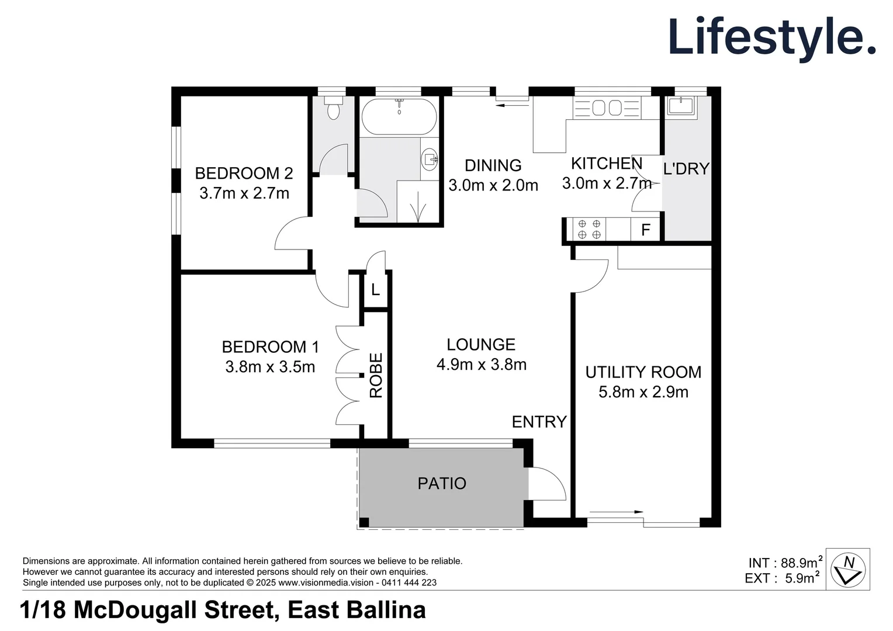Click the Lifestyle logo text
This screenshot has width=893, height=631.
click(771, 37)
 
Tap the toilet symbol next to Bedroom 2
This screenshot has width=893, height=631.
click(334, 109)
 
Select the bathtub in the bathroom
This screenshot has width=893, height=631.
click(399, 117)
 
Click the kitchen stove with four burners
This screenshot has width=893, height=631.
click(589, 229)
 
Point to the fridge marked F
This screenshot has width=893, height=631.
click(645, 230)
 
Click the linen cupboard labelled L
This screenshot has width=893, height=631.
click(375, 289)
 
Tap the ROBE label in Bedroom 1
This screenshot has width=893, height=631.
click(376, 375)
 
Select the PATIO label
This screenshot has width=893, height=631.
click(442, 483)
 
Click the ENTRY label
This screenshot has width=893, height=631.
click(539, 421)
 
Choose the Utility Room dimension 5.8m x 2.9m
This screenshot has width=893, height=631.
click(643, 391)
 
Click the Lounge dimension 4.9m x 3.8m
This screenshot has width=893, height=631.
click(481, 365)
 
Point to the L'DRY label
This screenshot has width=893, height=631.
click(686, 169)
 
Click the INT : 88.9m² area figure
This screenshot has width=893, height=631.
click(784, 563)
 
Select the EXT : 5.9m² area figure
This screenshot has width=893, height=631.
click(782, 578)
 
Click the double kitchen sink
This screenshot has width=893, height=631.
click(607, 108)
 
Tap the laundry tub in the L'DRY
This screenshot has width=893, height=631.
click(680, 106)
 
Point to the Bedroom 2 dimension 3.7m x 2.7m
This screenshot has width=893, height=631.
click(244, 193)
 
